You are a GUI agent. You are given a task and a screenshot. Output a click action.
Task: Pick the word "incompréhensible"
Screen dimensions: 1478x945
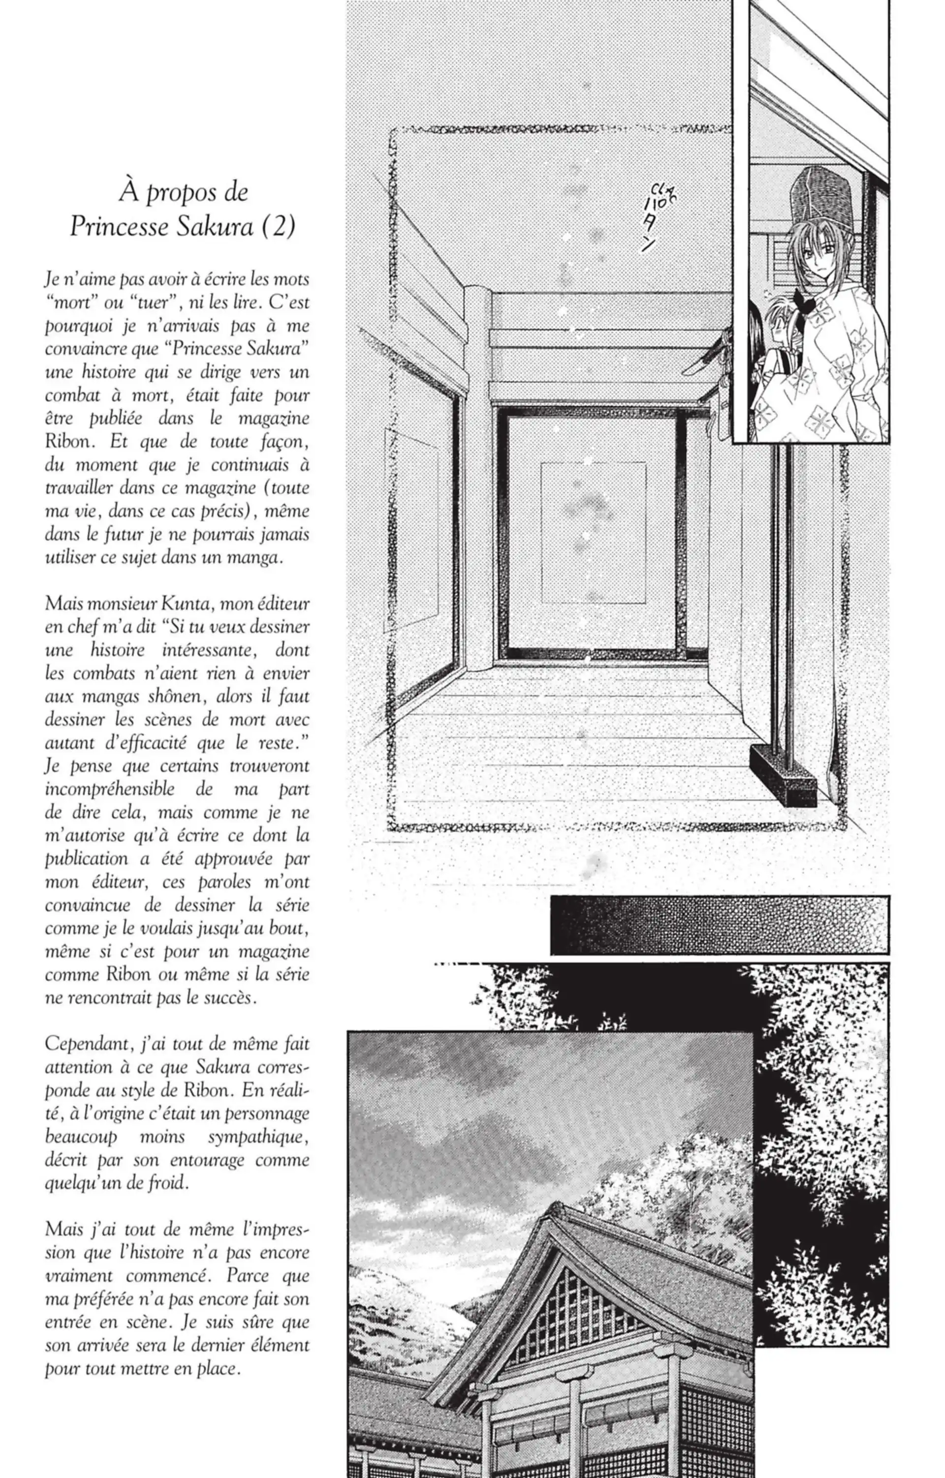pos(109,789)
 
